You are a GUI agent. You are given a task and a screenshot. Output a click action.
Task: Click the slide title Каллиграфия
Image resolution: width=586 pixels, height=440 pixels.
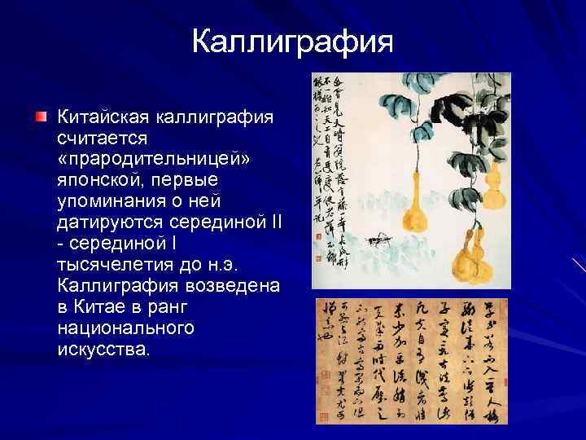click(293, 42)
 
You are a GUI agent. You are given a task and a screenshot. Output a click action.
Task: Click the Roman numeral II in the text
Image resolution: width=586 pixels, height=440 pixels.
click(273, 221)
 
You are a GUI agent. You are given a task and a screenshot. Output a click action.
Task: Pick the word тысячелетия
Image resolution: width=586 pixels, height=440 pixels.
click(114, 263)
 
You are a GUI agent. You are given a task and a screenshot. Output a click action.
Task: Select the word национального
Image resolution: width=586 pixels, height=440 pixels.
click(126, 328)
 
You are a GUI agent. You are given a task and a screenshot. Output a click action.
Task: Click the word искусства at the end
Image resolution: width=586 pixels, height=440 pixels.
click(104, 349)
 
